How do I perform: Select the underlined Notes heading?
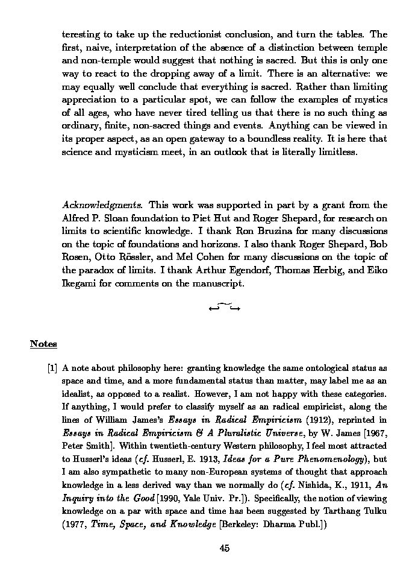click(43, 344)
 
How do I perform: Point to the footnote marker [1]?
click(52, 368)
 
